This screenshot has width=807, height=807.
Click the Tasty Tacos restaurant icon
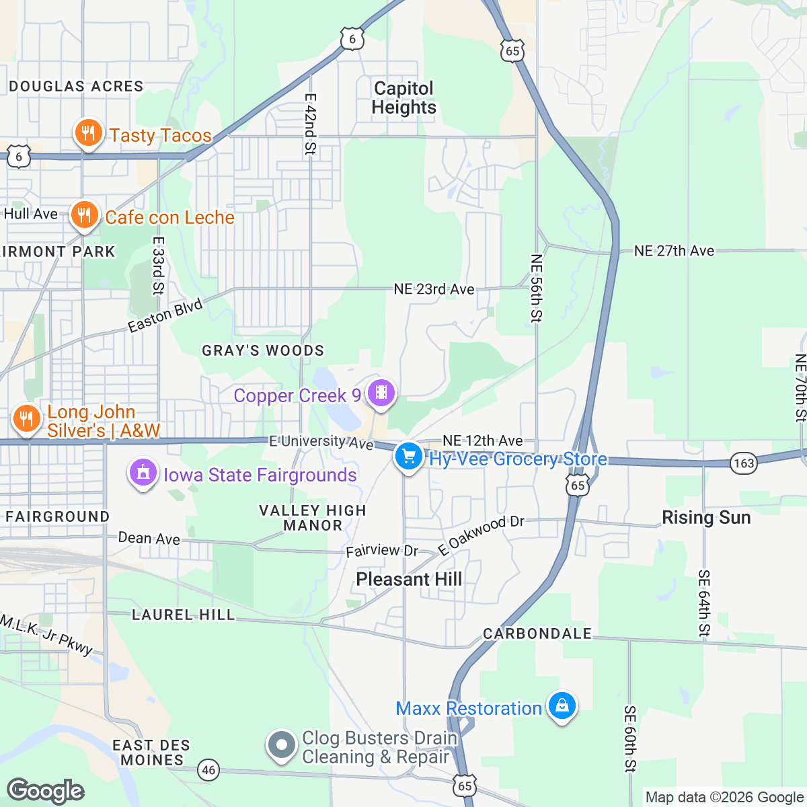coord(87,133)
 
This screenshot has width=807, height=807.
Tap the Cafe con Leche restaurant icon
coord(84,215)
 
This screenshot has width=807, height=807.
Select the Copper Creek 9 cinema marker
coord(381,393)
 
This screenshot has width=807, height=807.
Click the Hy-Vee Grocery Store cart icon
coord(408,457)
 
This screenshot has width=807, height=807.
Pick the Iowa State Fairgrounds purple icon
coord(143,473)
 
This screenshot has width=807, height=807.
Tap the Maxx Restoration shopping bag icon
coord(562,706)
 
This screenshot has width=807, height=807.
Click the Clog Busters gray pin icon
coord(282,745)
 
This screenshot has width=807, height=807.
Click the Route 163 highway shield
coord(744,463)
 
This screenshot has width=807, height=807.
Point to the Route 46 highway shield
coord(209,770)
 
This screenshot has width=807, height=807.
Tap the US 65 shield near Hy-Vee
coord(578,485)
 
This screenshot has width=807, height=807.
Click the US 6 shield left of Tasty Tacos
coord(18,157)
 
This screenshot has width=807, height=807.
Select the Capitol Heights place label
coord(403,98)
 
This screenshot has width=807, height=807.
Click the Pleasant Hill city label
coord(409,579)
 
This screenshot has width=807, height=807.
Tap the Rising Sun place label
coord(706,517)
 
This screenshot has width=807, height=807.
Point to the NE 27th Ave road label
coord(674,251)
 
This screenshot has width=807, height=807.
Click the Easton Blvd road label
coord(165,316)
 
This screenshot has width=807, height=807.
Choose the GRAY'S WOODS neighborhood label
coord(263,350)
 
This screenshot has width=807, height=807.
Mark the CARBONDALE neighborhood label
coord(537,633)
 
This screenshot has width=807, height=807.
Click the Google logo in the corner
coord(46,791)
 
